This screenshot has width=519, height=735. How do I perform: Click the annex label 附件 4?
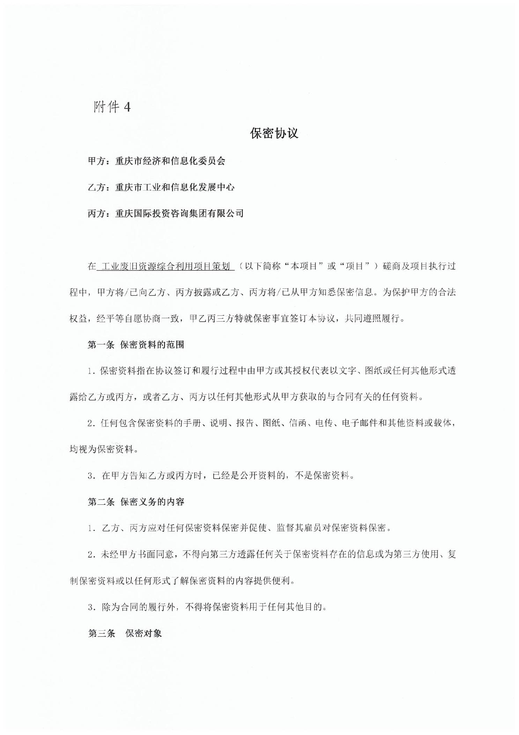pos(112,107)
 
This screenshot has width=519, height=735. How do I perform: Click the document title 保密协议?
pos(274,133)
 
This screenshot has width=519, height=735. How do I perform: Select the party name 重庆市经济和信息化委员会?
pos(170,161)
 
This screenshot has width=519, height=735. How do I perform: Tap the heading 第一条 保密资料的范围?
pos(136,345)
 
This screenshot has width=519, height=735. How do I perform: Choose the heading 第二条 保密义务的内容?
pos(136,502)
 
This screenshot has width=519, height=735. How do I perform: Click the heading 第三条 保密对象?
pos(125,633)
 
